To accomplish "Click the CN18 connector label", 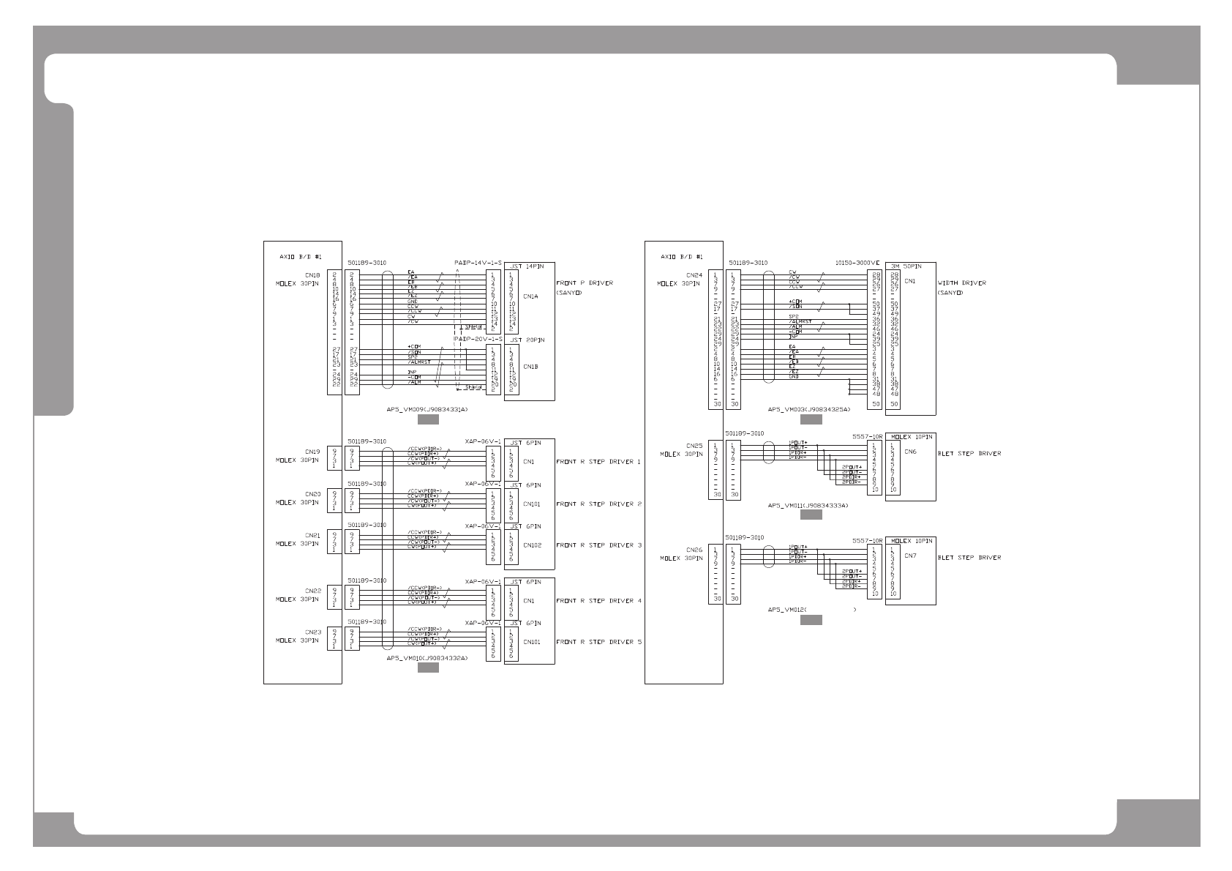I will click(x=313, y=276).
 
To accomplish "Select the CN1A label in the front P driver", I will click(x=530, y=296).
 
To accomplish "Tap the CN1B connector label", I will click(x=530, y=367).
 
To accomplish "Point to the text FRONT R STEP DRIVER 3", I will click(x=598, y=545).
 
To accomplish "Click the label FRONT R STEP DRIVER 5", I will click(x=598, y=642).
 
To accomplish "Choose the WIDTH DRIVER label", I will click(x=961, y=283).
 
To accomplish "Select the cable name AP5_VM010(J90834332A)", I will click(x=427, y=659).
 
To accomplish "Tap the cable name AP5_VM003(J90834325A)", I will click(x=809, y=410).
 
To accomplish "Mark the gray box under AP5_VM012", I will click(x=811, y=620).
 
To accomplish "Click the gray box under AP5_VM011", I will click(x=811, y=515).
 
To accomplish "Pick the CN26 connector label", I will click(x=694, y=550).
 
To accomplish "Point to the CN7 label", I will click(x=910, y=556).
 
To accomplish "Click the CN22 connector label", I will click(x=313, y=591).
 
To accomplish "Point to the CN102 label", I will click(x=532, y=545).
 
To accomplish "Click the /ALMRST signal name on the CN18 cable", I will click(x=419, y=362).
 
